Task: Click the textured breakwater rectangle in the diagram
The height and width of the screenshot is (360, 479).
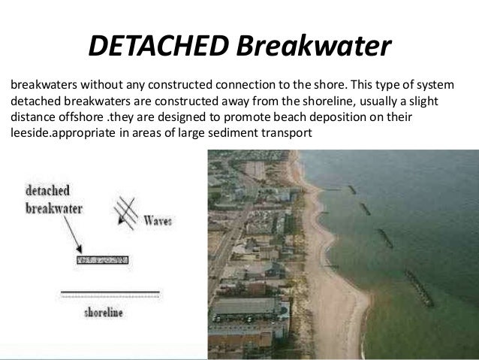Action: pos(102,260)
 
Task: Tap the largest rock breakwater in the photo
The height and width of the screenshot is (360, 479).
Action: pos(418,289)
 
